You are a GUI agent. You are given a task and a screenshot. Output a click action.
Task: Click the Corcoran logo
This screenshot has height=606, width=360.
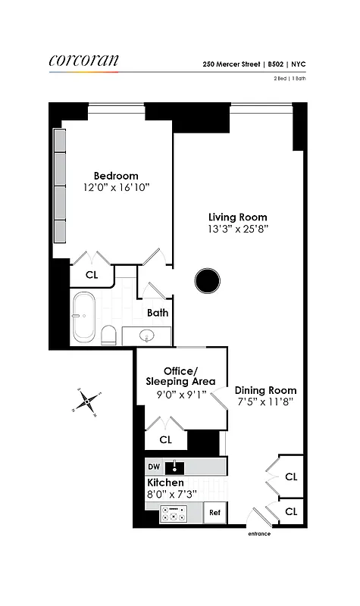(83, 61)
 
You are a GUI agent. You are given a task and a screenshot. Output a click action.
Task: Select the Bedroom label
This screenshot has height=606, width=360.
(115, 176)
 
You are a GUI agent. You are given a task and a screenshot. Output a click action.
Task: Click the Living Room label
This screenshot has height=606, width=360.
(237, 217)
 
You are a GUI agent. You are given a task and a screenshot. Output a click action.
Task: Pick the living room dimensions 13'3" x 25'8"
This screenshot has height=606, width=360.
(237, 229)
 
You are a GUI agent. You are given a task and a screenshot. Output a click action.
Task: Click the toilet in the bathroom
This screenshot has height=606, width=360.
(108, 333)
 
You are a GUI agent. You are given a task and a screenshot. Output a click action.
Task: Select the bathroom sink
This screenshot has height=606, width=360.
(146, 335)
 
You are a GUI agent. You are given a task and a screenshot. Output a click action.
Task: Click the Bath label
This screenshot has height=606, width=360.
(158, 313)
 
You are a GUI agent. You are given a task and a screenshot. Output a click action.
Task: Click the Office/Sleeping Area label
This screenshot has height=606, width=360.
(181, 376)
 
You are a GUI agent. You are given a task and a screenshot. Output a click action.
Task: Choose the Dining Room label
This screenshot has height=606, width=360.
(265, 391)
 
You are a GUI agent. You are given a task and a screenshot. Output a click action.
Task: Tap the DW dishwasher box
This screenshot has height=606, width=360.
(154, 467)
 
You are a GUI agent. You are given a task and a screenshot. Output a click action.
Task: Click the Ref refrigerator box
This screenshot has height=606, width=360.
(214, 513)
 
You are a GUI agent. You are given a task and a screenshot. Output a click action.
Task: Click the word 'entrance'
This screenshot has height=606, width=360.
(258, 534)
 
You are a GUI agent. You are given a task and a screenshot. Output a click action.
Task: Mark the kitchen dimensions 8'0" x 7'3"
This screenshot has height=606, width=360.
(176, 495)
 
